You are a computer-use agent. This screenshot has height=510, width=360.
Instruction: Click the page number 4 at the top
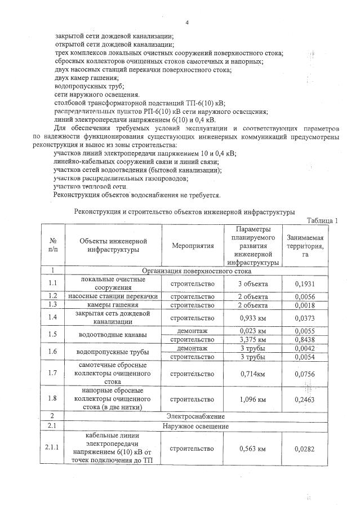186,23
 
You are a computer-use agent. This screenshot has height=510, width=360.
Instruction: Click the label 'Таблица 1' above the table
322,220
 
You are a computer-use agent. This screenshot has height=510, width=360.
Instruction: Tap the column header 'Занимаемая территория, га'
305,246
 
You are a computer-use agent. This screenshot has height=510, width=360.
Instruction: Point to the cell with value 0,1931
305,283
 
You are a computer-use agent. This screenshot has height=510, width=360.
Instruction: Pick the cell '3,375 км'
252,339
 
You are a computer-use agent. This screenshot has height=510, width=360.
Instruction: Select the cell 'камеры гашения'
114,305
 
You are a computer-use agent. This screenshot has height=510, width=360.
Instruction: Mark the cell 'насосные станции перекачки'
114,296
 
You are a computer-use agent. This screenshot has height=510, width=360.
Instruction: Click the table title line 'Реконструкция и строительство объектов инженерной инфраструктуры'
184,212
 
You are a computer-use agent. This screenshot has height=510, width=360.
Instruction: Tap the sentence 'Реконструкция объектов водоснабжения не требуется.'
137,195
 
